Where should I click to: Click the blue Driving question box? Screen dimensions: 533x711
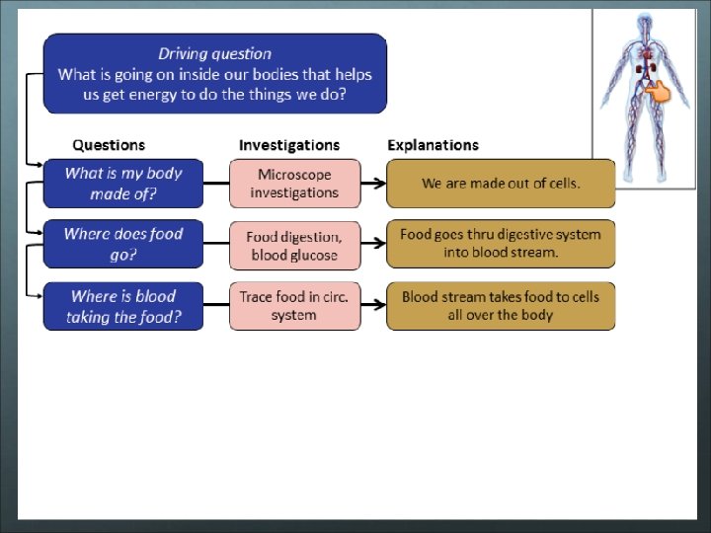pos(214,74)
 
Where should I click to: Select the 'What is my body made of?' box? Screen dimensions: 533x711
pos(123,184)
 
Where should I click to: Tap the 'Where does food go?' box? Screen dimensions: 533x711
pos(123,244)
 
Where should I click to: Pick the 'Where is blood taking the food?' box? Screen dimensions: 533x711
pos(123,306)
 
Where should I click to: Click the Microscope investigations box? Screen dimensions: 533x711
pos(294,184)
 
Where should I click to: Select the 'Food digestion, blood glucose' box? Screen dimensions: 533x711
pos(294,245)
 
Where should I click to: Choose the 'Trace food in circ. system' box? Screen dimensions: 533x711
pos(294,306)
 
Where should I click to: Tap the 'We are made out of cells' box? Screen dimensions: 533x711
pos(501,184)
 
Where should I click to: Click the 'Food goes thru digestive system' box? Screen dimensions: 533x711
pos(501,243)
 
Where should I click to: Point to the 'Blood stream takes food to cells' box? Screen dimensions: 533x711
pos(501,306)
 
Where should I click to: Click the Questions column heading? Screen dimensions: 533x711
pos(109,145)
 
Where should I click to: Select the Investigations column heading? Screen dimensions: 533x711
pos(289,145)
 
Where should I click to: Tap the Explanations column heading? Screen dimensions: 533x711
pos(433,145)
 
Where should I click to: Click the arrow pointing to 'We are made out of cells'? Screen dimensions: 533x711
pos(372,184)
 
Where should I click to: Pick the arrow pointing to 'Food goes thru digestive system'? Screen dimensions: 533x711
pos(372,244)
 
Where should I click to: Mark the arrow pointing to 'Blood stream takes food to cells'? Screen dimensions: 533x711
pos(372,306)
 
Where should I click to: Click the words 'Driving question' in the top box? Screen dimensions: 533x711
pos(214,53)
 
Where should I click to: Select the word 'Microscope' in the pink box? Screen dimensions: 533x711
pos(294,175)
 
